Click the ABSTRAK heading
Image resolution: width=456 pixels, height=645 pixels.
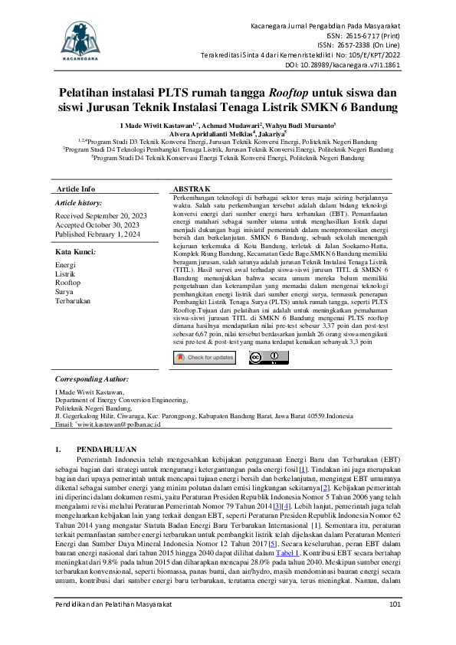pos(192,188)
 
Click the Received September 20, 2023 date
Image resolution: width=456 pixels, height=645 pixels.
pos(100,216)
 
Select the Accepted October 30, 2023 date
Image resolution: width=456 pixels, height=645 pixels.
pos(94,225)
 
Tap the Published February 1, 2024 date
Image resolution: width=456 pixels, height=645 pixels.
pos(99,234)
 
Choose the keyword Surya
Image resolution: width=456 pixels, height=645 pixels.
pos(64,292)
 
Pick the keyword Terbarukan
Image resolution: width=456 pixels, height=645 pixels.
pos(74,301)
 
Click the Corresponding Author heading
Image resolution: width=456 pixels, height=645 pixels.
pos(91,379)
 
